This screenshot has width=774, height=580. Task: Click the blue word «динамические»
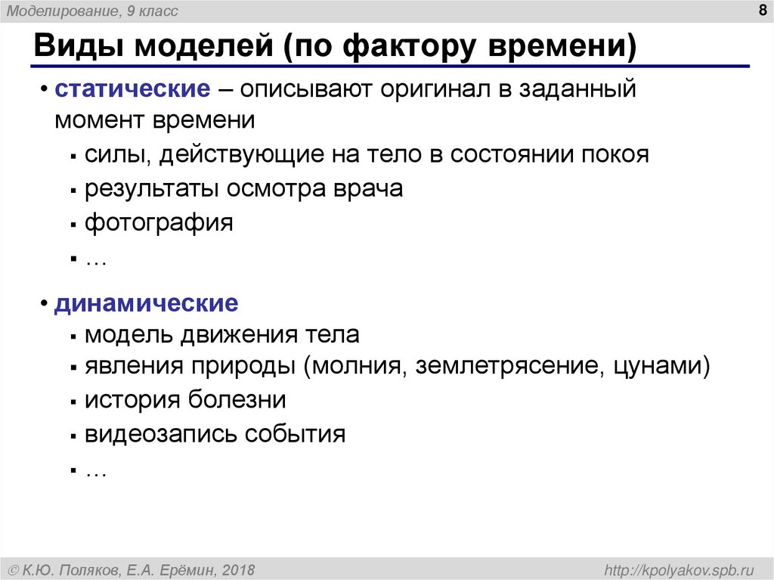coord(146,304)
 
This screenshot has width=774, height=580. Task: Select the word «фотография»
coord(159,223)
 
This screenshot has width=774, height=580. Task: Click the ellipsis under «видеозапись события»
coord(96,470)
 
